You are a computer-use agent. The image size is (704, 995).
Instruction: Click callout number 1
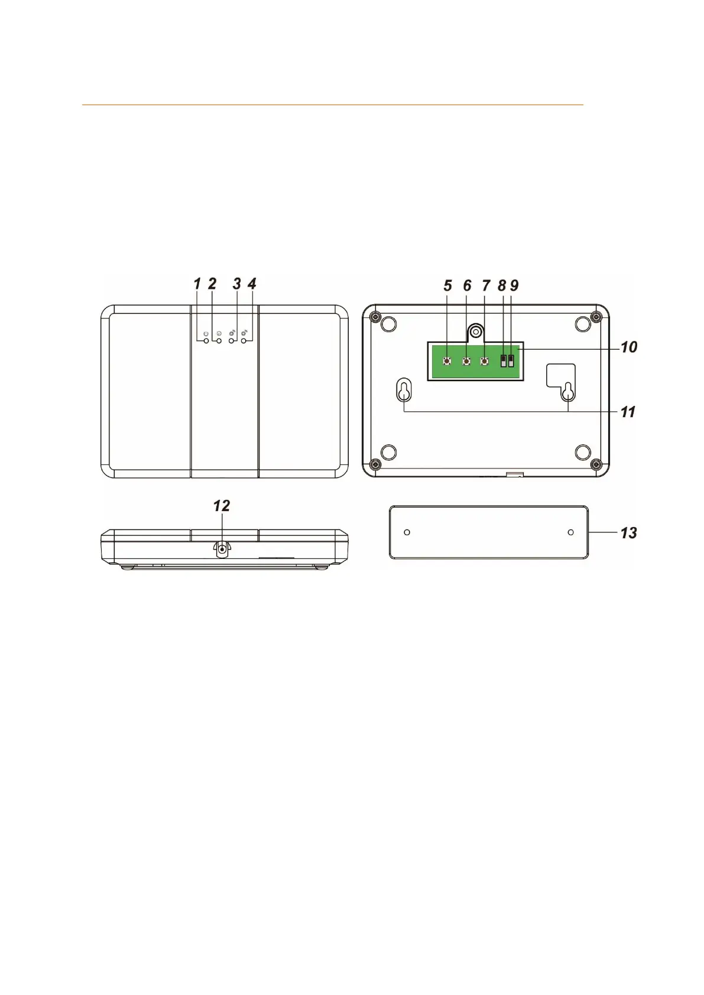tap(197, 284)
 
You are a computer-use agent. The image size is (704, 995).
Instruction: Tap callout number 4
tap(252, 284)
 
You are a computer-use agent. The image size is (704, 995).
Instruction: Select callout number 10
tap(629, 347)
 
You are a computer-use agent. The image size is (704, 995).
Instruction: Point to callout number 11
tap(628, 412)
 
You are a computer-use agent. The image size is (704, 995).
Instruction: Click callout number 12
tap(221, 506)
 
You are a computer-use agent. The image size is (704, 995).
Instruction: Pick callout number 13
tap(629, 532)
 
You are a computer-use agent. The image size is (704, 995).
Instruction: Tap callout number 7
tap(486, 285)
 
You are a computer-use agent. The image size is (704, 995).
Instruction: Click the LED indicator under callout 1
tap(206, 341)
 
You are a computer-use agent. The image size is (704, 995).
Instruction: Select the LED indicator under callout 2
tap(219, 341)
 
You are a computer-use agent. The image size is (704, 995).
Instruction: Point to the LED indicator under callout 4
tap(244, 341)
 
